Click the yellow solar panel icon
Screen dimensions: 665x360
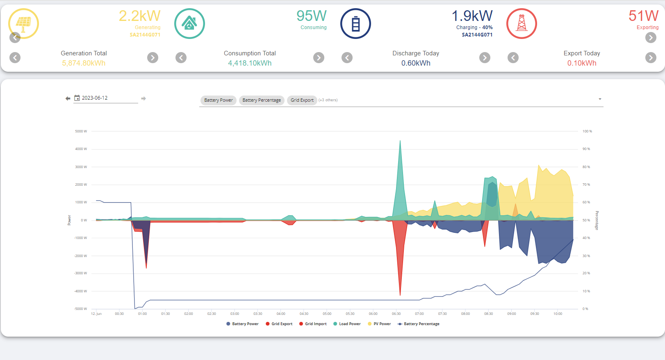[23, 23]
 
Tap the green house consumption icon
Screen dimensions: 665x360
[189, 23]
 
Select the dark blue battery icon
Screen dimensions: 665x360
[355, 23]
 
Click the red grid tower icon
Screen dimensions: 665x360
[522, 23]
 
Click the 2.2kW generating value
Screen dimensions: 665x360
[139, 16]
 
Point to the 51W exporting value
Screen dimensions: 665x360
[643, 16]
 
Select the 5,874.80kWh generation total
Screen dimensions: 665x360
[84, 63]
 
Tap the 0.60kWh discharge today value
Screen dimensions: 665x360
[416, 63]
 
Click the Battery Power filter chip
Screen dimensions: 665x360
[219, 100]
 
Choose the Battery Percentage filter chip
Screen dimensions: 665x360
[262, 100]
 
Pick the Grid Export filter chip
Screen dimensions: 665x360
[302, 100]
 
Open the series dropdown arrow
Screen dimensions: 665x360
[600, 99]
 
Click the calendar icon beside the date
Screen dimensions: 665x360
[77, 98]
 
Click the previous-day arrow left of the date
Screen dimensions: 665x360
[68, 98]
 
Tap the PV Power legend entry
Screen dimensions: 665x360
[379, 324]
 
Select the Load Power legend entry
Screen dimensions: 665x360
[347, 324]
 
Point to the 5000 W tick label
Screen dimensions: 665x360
[81, 131]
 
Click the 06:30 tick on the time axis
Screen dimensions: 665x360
[396, 314]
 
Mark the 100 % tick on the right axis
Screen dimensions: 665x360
[587, 131]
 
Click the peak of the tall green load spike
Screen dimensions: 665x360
[400, 141]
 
